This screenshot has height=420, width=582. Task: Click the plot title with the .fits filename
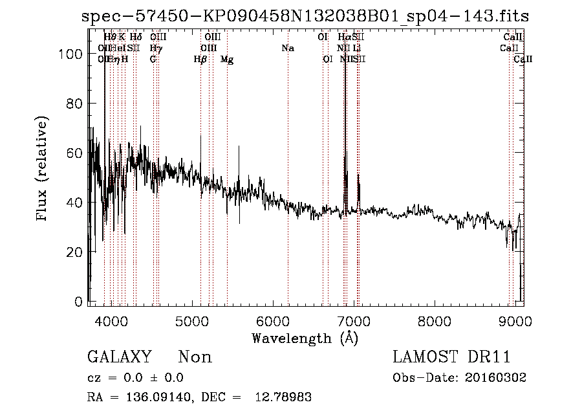point(305,17)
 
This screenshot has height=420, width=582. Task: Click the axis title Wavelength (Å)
point(305,338)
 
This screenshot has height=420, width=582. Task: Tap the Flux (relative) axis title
point(43,170)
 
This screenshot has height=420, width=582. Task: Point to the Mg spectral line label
point(227,60)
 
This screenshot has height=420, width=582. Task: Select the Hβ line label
point(200,60)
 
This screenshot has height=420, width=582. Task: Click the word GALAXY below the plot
point(120,357)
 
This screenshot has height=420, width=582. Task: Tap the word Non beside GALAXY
point(195,357)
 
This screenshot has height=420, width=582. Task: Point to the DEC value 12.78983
point(285,397)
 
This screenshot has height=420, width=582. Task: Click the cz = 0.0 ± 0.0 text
point(135,378)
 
